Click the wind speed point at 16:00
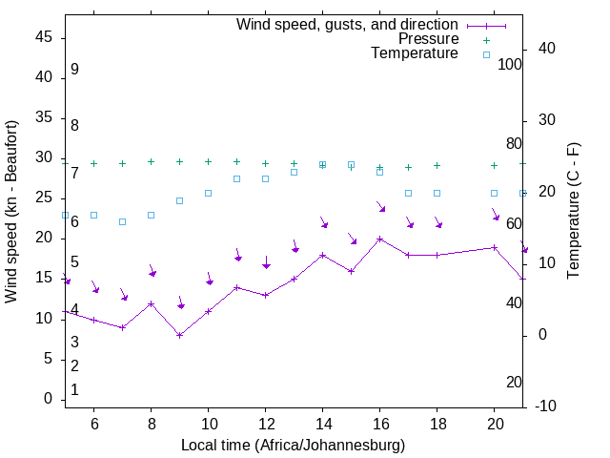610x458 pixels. point(379,239)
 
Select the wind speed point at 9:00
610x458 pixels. point(179,335)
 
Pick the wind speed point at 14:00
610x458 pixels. point(322,255)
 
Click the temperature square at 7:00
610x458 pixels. point(122,221)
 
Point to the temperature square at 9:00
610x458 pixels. point(179,200)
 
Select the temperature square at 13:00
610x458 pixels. point(294,172)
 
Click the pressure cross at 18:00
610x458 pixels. point(437,165)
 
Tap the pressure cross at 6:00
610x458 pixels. point(93,163)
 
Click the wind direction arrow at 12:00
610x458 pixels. point(266,262)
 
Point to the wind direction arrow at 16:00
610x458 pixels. point(380,206)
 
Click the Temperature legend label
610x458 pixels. point(415,53)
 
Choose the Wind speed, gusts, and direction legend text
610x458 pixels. point(347,24)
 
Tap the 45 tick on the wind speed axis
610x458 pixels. point(44,36)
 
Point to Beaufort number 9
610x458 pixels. point(74,70)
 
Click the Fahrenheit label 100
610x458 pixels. point(511,64)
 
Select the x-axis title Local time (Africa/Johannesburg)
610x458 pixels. point(293,445)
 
